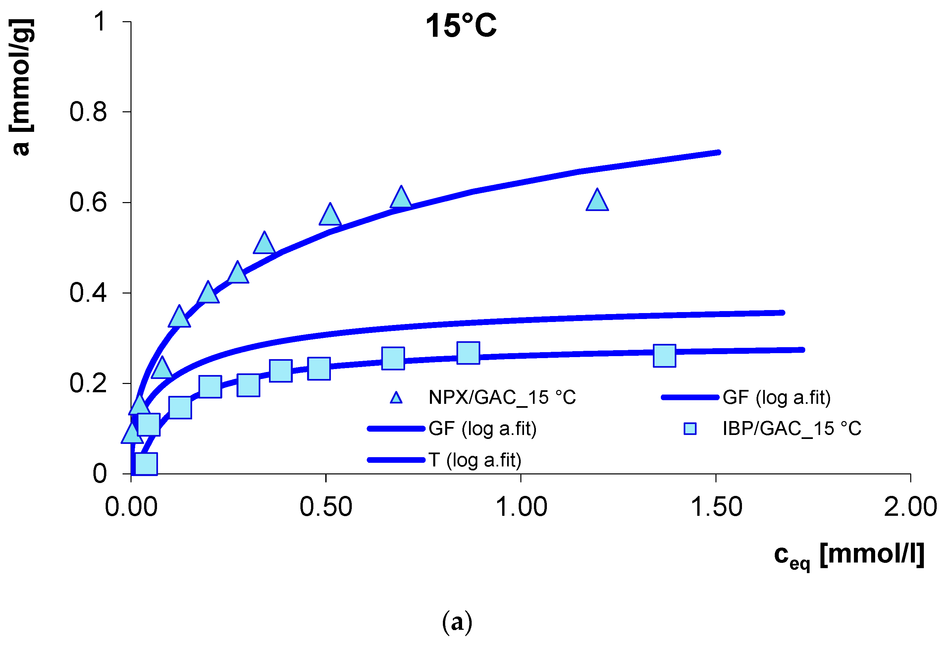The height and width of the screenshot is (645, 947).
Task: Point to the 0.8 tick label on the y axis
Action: [x=88, y=112]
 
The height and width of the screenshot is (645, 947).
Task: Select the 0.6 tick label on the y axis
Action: [x=88, y=202]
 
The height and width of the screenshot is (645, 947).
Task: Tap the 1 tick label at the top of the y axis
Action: [x=100, y=21]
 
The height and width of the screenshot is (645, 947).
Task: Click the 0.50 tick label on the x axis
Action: [x=326, y=507]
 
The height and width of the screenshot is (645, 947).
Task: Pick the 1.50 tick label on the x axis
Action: [x=716, y=507]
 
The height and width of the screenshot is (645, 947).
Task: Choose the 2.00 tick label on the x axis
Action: [x=910, y=507]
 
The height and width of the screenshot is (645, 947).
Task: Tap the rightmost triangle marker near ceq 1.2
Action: [x=597, y=201]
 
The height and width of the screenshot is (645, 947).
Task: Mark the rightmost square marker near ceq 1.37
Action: [x=664, y=355]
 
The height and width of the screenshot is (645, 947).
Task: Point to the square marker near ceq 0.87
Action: [x=468, y=353]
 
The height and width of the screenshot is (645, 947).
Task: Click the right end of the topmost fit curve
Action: [x=718, y=152]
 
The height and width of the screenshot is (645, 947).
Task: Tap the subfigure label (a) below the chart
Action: [x=457, y=622]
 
